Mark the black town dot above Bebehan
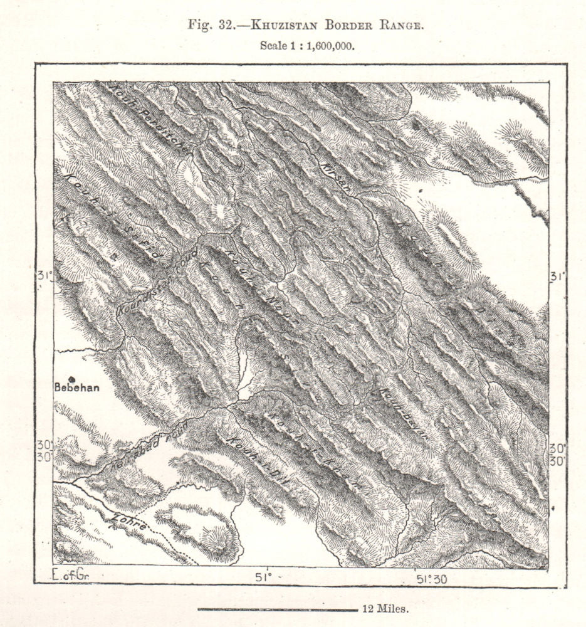click(x=72, y=379)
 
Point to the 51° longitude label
click(x=265, y=576)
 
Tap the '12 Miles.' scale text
click(x=385, y=608)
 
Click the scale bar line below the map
click(x=276, y=609)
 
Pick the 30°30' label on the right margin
click(x=557, y=454)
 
